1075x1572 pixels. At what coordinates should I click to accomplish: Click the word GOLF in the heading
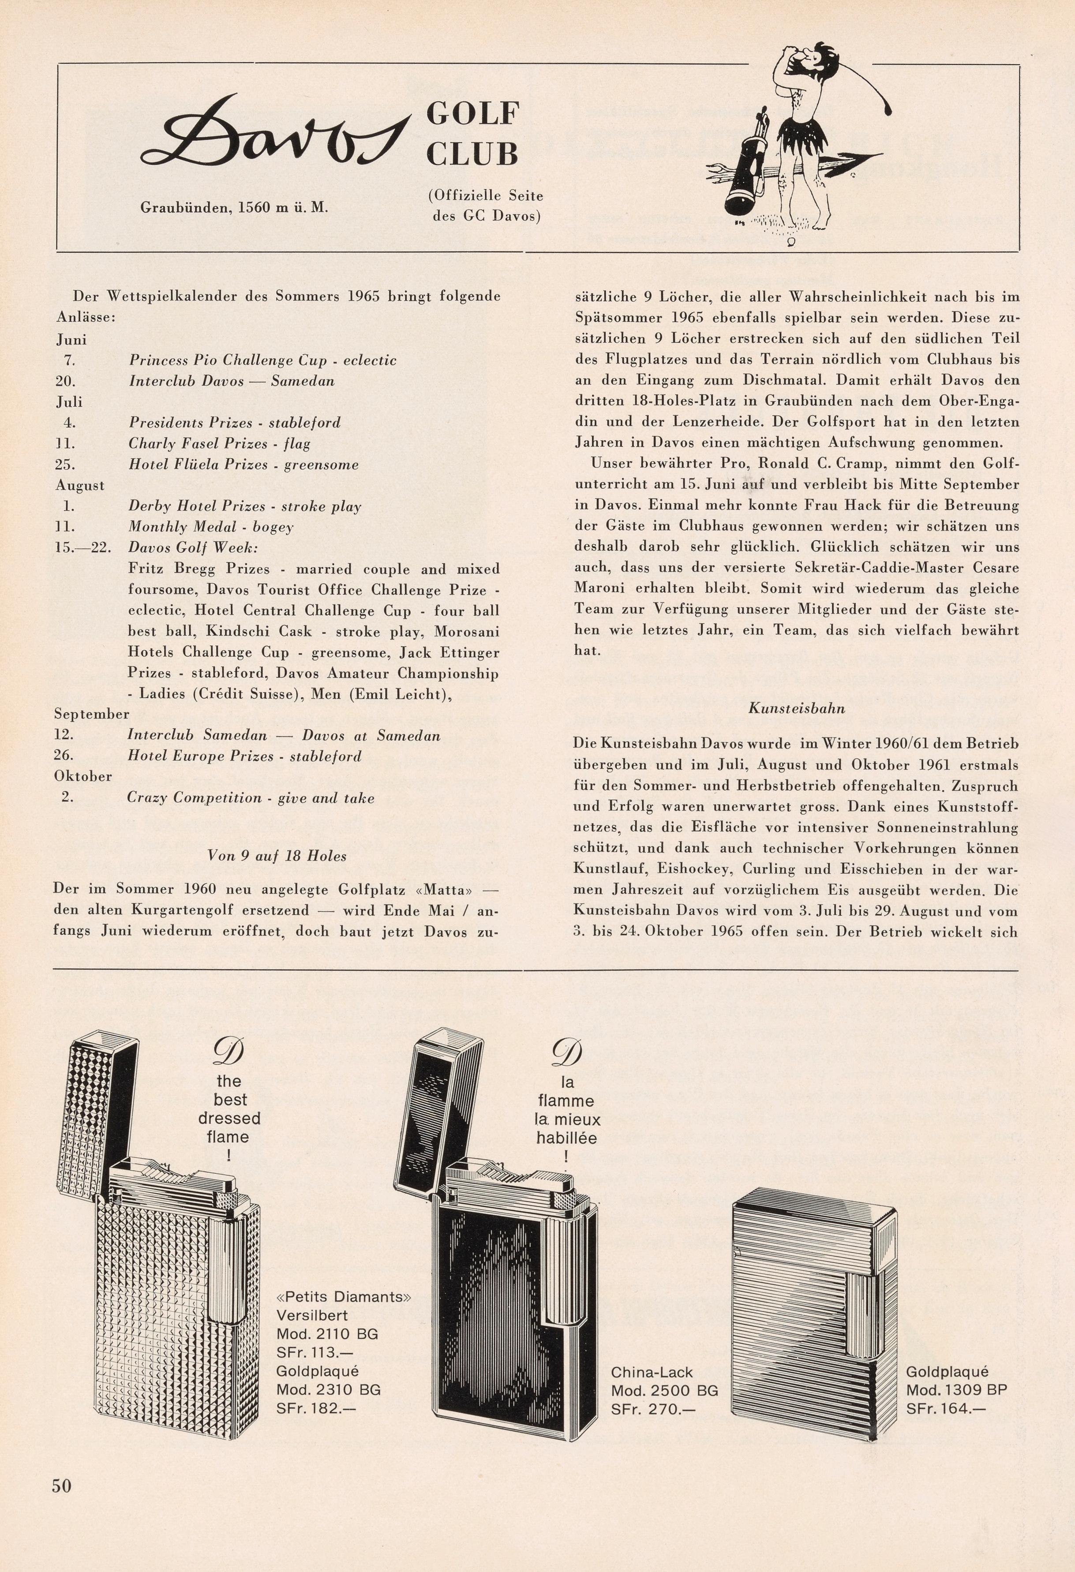click(472, 114)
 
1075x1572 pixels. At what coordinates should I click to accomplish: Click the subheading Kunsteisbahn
click(796, 709)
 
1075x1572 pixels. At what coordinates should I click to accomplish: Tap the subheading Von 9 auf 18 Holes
click(277, 856)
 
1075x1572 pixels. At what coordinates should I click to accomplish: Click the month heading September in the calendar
click(91, 714)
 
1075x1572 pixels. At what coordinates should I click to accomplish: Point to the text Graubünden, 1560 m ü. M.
click(233, 207)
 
